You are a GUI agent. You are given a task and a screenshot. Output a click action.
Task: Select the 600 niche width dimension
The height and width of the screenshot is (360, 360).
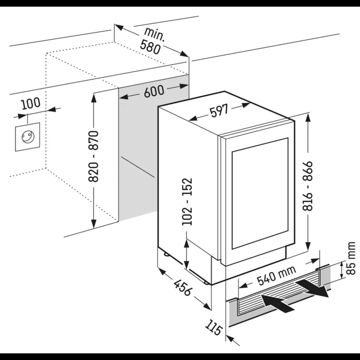(x=154, y=91)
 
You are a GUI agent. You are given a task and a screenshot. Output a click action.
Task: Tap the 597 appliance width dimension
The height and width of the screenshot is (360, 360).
(x=220, y=111)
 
